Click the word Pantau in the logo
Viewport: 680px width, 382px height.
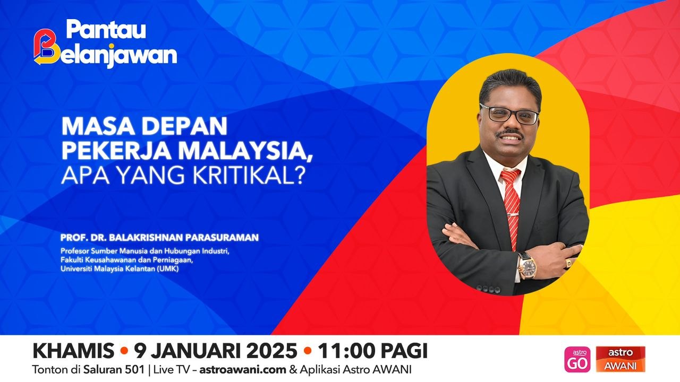point(106,30)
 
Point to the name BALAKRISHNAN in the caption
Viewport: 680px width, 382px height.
point(151,238)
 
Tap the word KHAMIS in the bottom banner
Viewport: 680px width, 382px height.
point(73,351)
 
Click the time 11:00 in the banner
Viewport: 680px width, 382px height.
point(348,351)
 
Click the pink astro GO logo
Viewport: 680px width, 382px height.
point(577,359)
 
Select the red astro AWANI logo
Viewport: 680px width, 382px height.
point(620,359)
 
